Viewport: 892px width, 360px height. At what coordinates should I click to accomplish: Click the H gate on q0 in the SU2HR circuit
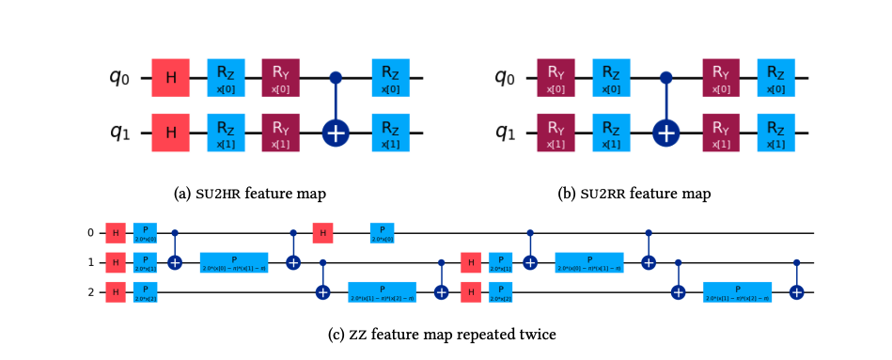[171, 77]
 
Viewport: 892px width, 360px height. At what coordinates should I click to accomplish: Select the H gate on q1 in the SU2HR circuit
[171, 133]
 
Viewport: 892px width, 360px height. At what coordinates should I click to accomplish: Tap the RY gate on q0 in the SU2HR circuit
[280, 77]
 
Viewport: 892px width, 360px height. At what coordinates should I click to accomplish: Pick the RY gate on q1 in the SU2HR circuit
[280, 133]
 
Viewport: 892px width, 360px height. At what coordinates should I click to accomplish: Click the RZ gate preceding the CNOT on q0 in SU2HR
[226, 77]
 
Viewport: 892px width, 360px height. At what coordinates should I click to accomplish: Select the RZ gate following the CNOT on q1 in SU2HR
[389, 133]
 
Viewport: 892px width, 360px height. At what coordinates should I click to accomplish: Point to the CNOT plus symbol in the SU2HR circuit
[335, 133]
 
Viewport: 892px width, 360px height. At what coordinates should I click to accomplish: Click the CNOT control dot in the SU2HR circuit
[335, 77]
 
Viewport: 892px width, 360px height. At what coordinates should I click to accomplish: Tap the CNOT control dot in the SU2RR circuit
[665, 77]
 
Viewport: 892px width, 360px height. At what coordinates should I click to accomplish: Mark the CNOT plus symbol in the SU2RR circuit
[665, 133]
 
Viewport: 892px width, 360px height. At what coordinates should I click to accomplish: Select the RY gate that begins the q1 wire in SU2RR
[556, 133]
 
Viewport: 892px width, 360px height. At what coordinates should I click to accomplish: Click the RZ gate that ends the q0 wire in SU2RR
[776, 77]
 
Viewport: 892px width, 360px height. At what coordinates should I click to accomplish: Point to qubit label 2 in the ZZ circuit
[90, 293]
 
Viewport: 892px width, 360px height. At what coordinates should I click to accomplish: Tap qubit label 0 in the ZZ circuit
[90, 231]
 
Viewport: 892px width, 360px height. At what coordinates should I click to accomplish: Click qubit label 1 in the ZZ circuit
[90, 262]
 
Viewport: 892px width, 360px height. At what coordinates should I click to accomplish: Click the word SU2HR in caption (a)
[216, 194]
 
